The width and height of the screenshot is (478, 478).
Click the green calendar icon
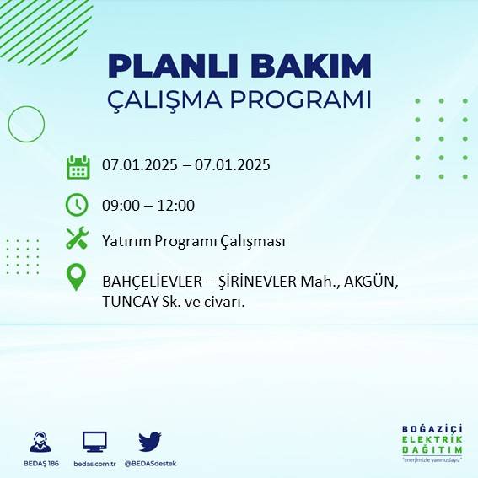[78, 167]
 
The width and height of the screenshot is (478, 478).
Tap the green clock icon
[77, 205]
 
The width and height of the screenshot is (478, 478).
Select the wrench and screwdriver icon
[77, 239]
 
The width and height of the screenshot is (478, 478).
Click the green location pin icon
[77, 277]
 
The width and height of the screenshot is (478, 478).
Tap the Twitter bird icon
[150, 442]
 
